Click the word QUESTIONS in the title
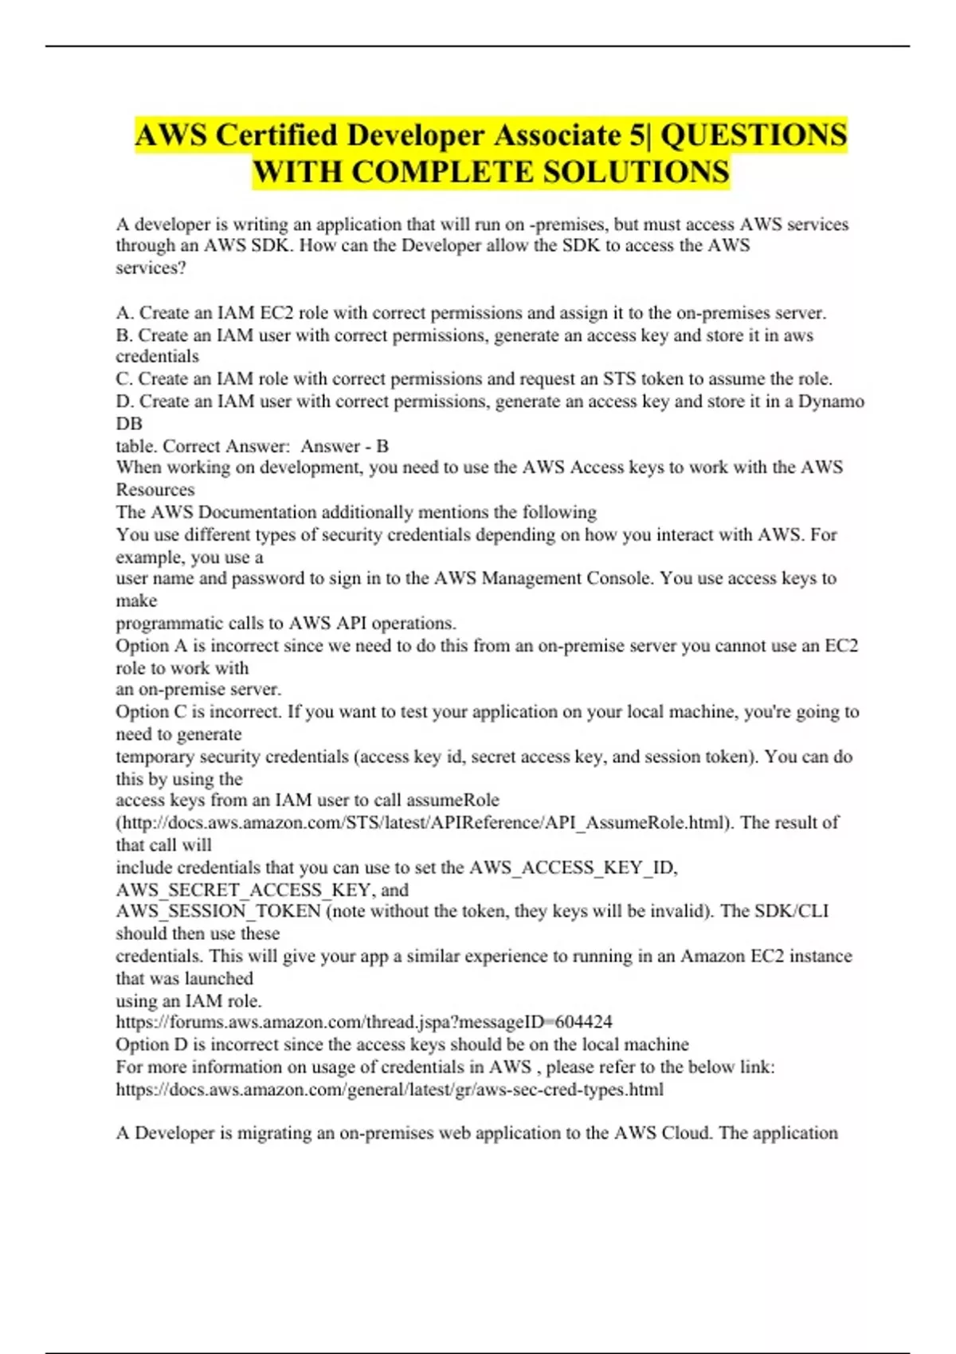[754, 135]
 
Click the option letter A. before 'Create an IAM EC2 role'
[125, 313]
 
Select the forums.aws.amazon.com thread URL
[364, 1022]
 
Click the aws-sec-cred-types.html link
[390, 1089]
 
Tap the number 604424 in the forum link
[583, 1022]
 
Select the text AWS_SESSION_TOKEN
[218, 911]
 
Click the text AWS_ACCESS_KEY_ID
[573, 867]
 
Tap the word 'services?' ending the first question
[151, 268]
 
